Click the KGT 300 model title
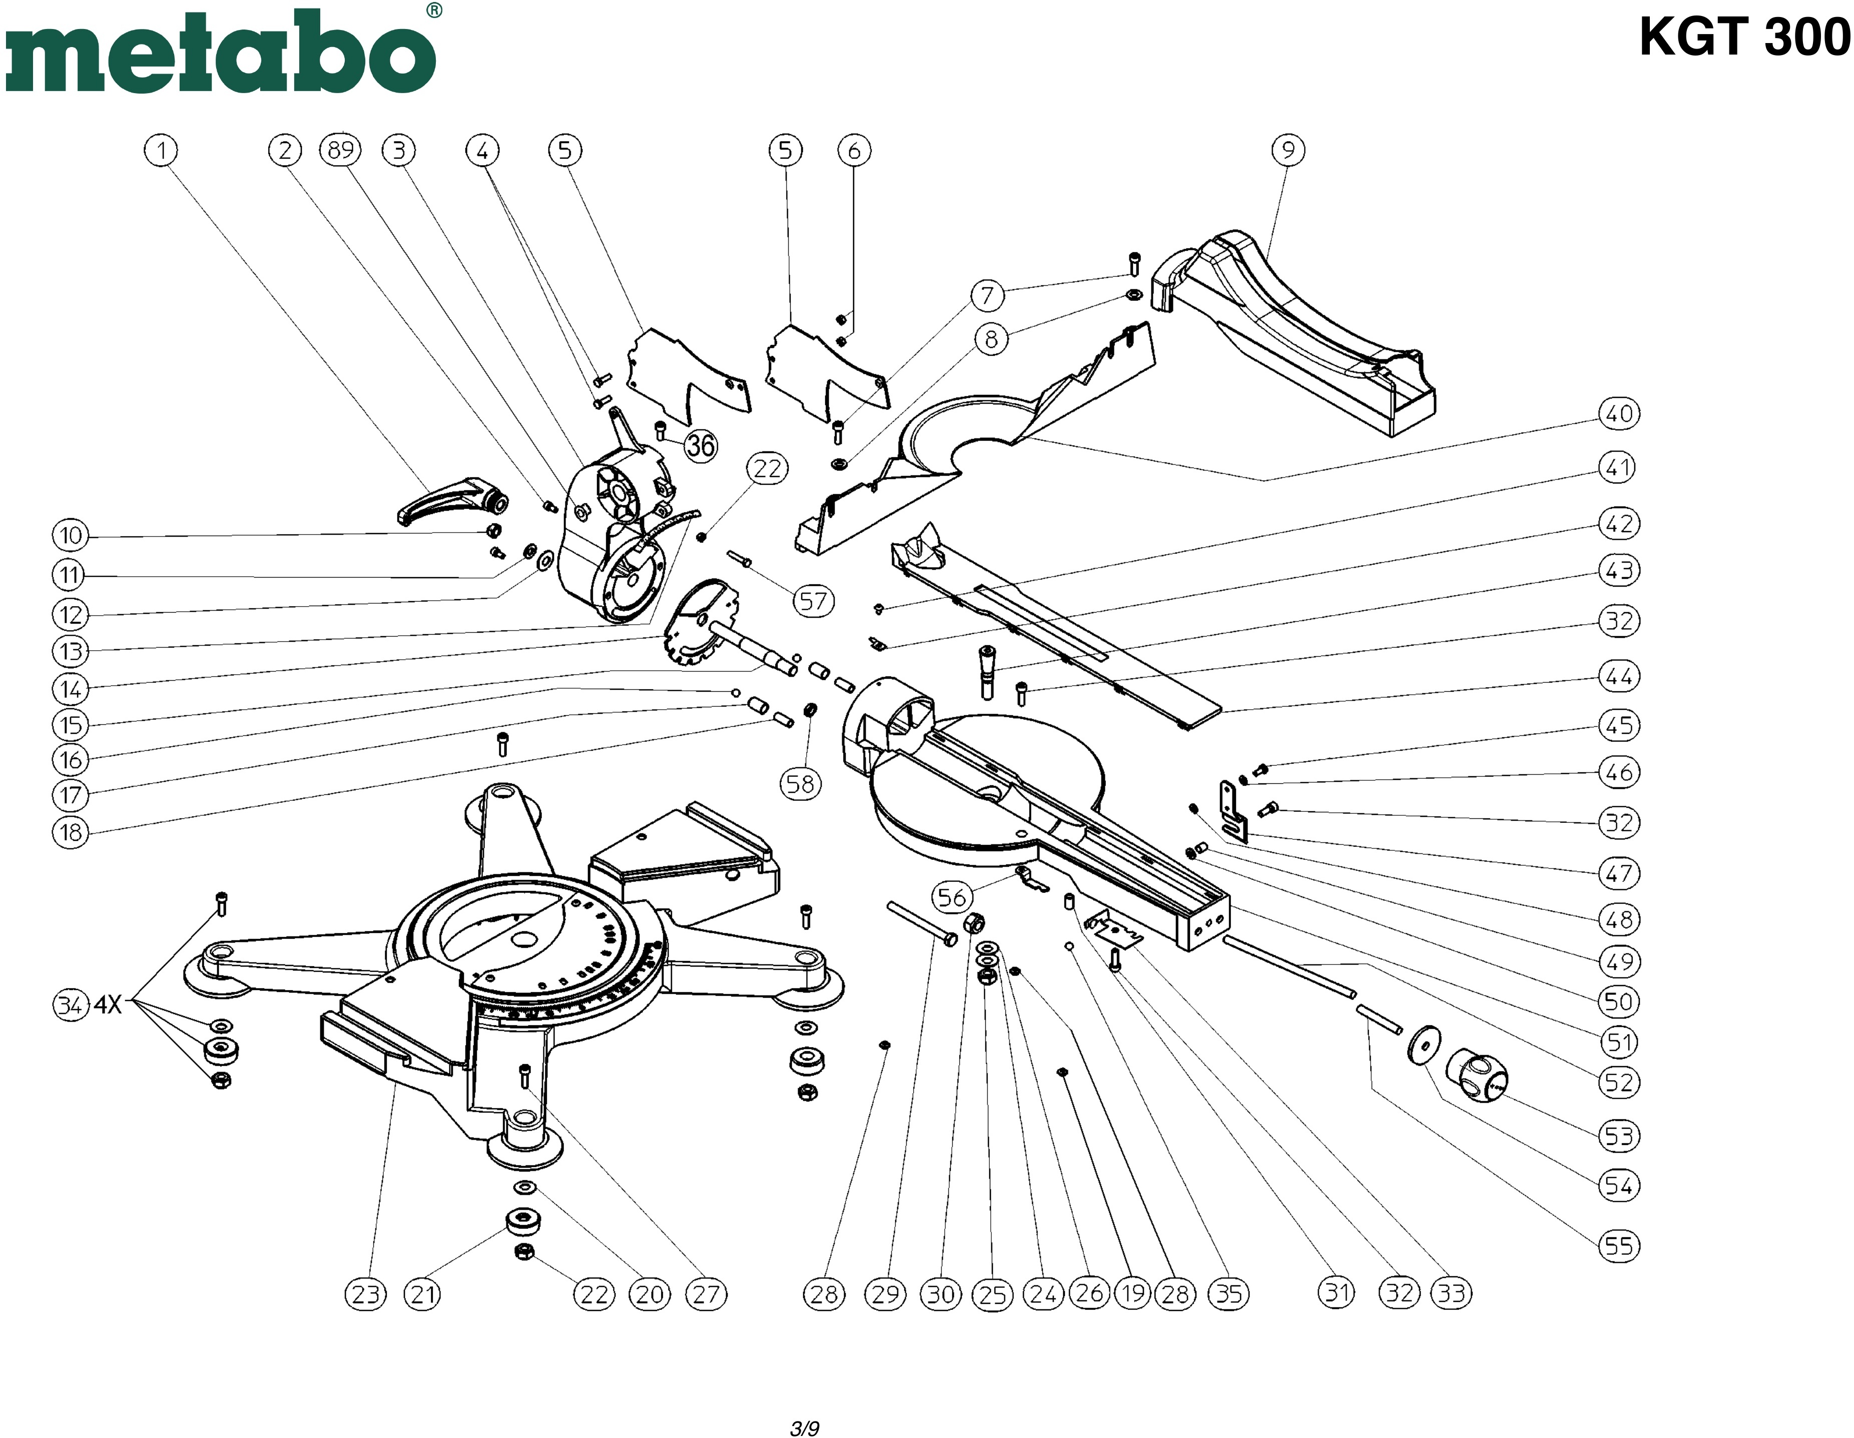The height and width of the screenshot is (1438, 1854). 1743,38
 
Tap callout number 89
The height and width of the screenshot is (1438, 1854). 340,150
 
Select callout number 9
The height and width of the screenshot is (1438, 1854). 1288,150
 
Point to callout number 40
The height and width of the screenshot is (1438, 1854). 1619,414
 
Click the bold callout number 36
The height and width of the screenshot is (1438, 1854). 701,445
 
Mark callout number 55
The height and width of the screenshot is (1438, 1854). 1619,1246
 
